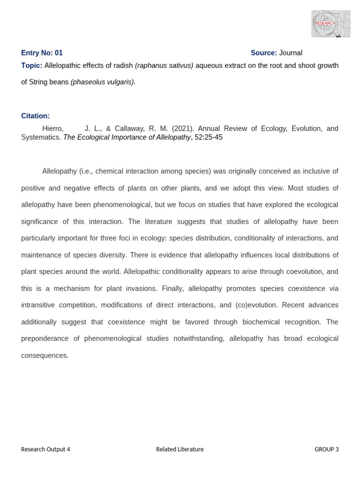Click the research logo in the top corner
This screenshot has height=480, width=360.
(330, 23)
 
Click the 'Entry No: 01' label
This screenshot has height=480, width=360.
(42, 53)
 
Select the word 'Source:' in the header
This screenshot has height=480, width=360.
(264, 53)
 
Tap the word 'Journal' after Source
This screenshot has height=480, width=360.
(291, 53)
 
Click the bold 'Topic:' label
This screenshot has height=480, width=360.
(31, 66)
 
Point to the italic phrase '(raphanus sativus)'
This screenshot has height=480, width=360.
(164, 66)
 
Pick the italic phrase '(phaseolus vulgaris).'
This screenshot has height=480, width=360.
(103, 82)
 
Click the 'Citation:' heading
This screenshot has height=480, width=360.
(35, 116)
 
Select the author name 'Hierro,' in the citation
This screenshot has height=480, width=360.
(52, 128)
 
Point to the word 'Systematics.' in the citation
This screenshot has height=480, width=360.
(41, 137)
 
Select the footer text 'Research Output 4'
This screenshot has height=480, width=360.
(45, 449)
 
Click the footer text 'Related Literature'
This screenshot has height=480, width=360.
(180, 449)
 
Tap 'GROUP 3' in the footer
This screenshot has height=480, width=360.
(326, 449)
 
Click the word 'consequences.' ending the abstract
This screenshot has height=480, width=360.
(45, 355)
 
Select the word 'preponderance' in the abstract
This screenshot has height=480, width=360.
(51, 338)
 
